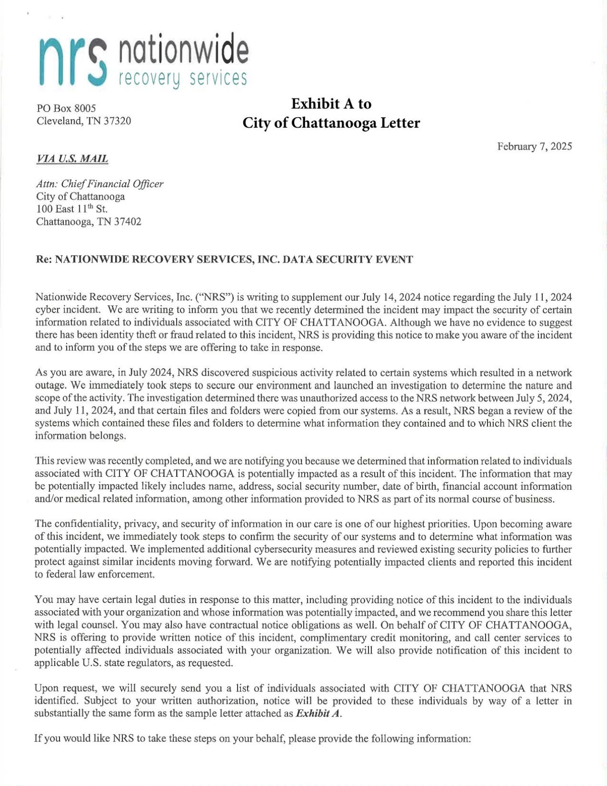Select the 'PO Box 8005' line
tap(66, 109)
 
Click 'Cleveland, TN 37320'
tap(83, 121)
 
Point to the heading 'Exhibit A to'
tap(331, 104)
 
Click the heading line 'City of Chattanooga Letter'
tap(331, 123)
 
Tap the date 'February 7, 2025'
tap(534, 146)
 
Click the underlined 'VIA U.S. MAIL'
tap(72, 159)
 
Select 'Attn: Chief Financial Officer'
tap(99, 184)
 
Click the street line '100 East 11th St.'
tap(72, 209)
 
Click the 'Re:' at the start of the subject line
tap(44, 260)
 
